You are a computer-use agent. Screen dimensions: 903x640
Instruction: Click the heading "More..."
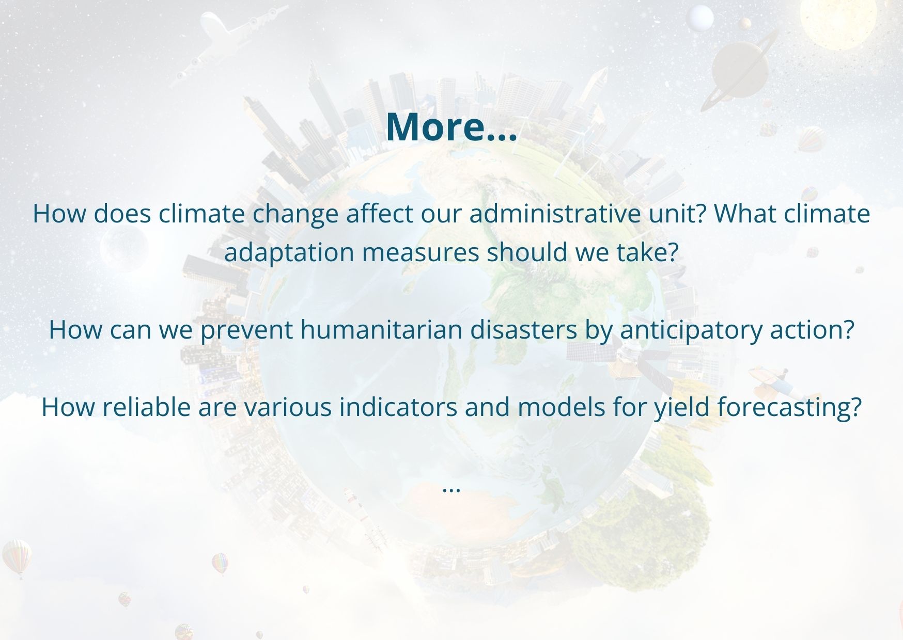coord(451,127)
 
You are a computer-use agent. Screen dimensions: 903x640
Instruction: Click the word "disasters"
coord(523,329)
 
